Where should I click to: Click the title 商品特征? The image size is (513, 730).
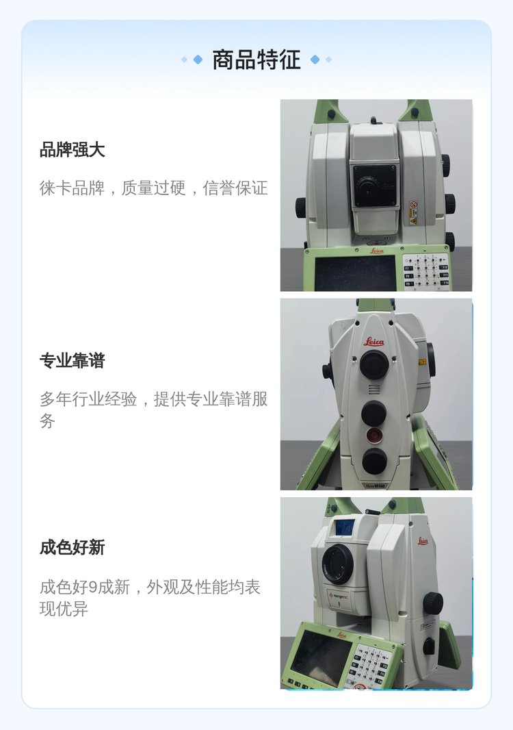pos(256,60)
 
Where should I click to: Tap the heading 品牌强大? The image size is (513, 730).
pos(72,150)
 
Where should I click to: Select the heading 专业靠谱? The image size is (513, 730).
pos(72,360)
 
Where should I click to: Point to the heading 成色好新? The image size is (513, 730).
pos(72,547)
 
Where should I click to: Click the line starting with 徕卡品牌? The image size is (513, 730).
pos(153,188)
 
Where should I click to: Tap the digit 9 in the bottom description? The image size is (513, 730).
pos(92,587)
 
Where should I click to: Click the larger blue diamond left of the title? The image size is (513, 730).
pos(198,60)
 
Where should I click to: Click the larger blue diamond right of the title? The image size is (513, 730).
pos(315,60)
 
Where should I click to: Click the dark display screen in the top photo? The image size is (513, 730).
pos(354,273)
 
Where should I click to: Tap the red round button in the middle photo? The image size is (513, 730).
pos(373,436)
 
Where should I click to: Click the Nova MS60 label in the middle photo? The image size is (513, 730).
pos(375,486)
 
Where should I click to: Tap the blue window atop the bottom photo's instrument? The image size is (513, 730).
pos(345,527)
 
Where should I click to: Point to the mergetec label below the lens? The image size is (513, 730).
pos(341,596)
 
